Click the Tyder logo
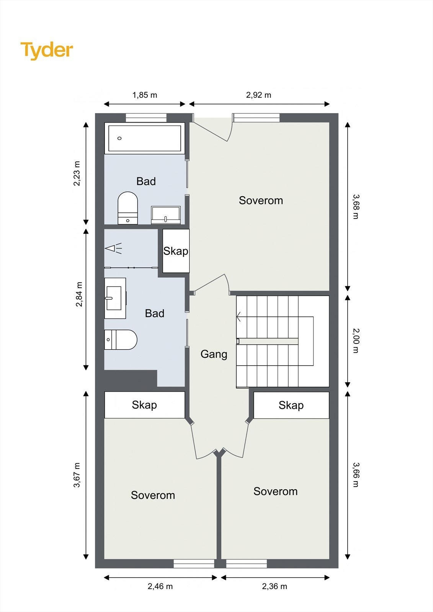(47, 50)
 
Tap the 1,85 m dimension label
(145, 95)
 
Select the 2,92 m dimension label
(258, 95)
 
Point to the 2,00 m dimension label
(355, 341)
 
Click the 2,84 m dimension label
(79, 294)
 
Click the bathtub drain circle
(119, 138)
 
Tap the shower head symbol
(113, 248)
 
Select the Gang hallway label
(214, 354)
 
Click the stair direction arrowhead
(239, 317)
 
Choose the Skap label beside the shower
(176, 251)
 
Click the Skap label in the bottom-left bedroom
(144, 405)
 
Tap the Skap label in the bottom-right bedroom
(291, 405)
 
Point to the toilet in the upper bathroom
(128, 208)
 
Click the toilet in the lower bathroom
(121, 340)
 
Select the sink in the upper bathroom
(166, 215)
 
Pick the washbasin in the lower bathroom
(115, 298)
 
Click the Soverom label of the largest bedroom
(261, 200)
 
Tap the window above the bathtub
(146, 118)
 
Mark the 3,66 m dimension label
(355, 475)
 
